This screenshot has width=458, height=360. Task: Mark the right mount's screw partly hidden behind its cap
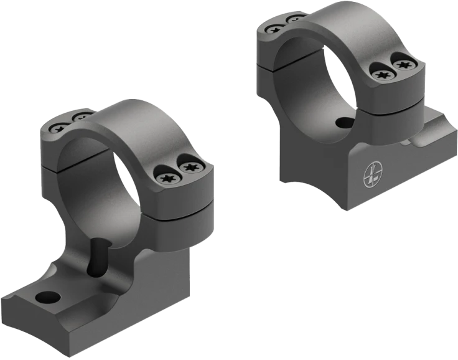pyautogui.click(x=291, y=21)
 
